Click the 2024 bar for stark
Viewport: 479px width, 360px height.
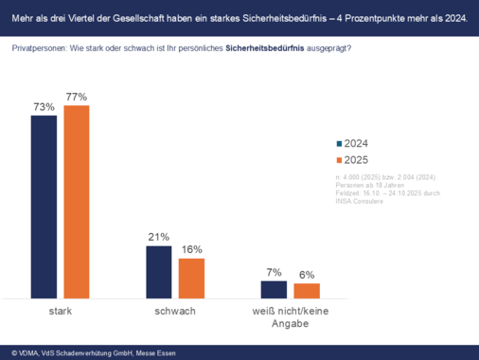coord(44,207)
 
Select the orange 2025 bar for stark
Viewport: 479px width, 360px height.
coord(76,202)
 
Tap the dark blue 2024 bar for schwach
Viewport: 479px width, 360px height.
coord(158,272)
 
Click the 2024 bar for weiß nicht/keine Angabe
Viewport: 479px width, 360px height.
coord(274,289)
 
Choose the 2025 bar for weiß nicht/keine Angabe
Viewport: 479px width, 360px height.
coord(307,291)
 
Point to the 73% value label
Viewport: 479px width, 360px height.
coord(44,107)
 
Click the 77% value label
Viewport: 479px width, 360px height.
coord(77,97)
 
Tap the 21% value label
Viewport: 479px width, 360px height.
coord(158,237)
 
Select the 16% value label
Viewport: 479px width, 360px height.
coord(191,249)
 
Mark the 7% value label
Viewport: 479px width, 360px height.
coord(274,273)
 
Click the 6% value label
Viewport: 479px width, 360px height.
coord(307,275)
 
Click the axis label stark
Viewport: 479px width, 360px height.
coord(61,311)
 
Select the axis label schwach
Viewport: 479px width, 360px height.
coord(175,311)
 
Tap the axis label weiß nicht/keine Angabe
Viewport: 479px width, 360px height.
coord(290,316)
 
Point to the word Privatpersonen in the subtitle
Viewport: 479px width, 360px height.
coord(39,48)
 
